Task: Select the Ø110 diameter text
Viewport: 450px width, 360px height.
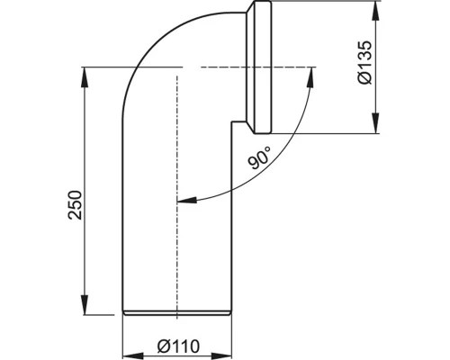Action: pos(179,342)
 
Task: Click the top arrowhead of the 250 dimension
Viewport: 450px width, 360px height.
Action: pos(85,71)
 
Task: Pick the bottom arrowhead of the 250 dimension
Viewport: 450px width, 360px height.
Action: pos(85,307)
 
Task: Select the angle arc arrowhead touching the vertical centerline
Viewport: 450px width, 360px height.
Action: pos(184,202)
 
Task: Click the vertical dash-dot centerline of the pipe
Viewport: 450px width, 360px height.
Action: pos(177,180)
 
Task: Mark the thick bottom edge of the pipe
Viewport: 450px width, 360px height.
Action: pos(178,312)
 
